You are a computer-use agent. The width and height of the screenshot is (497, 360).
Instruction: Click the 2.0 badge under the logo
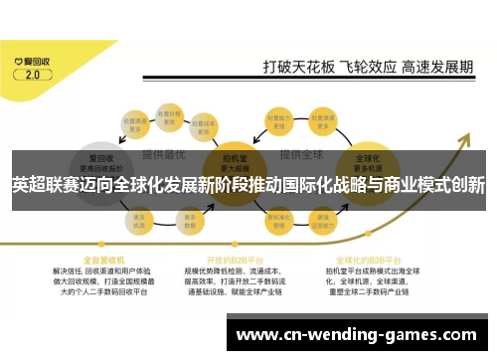[32, 74]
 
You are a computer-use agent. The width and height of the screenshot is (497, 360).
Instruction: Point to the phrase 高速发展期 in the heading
[438, 68]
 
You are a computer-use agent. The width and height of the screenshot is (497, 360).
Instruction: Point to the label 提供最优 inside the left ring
[160, 155]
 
